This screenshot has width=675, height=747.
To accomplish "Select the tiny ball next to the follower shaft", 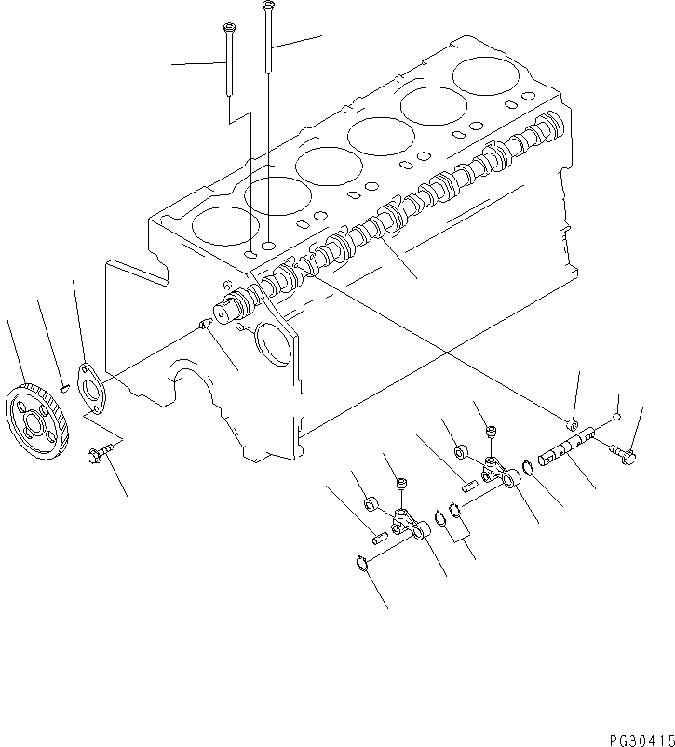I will click(616, 420).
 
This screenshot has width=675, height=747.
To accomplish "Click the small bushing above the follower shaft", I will click(574, 428).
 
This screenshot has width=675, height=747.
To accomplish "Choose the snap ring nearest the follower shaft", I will click(526, 462).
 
